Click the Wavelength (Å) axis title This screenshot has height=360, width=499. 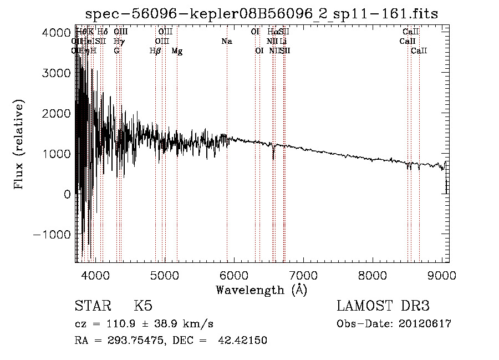261,290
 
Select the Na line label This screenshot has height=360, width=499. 227,41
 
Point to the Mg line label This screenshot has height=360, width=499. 177,51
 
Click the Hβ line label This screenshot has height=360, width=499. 155,51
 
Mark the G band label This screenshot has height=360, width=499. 116,51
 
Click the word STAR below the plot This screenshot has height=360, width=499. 91,307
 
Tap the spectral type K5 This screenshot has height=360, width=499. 143,307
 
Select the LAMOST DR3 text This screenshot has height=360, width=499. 383,307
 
